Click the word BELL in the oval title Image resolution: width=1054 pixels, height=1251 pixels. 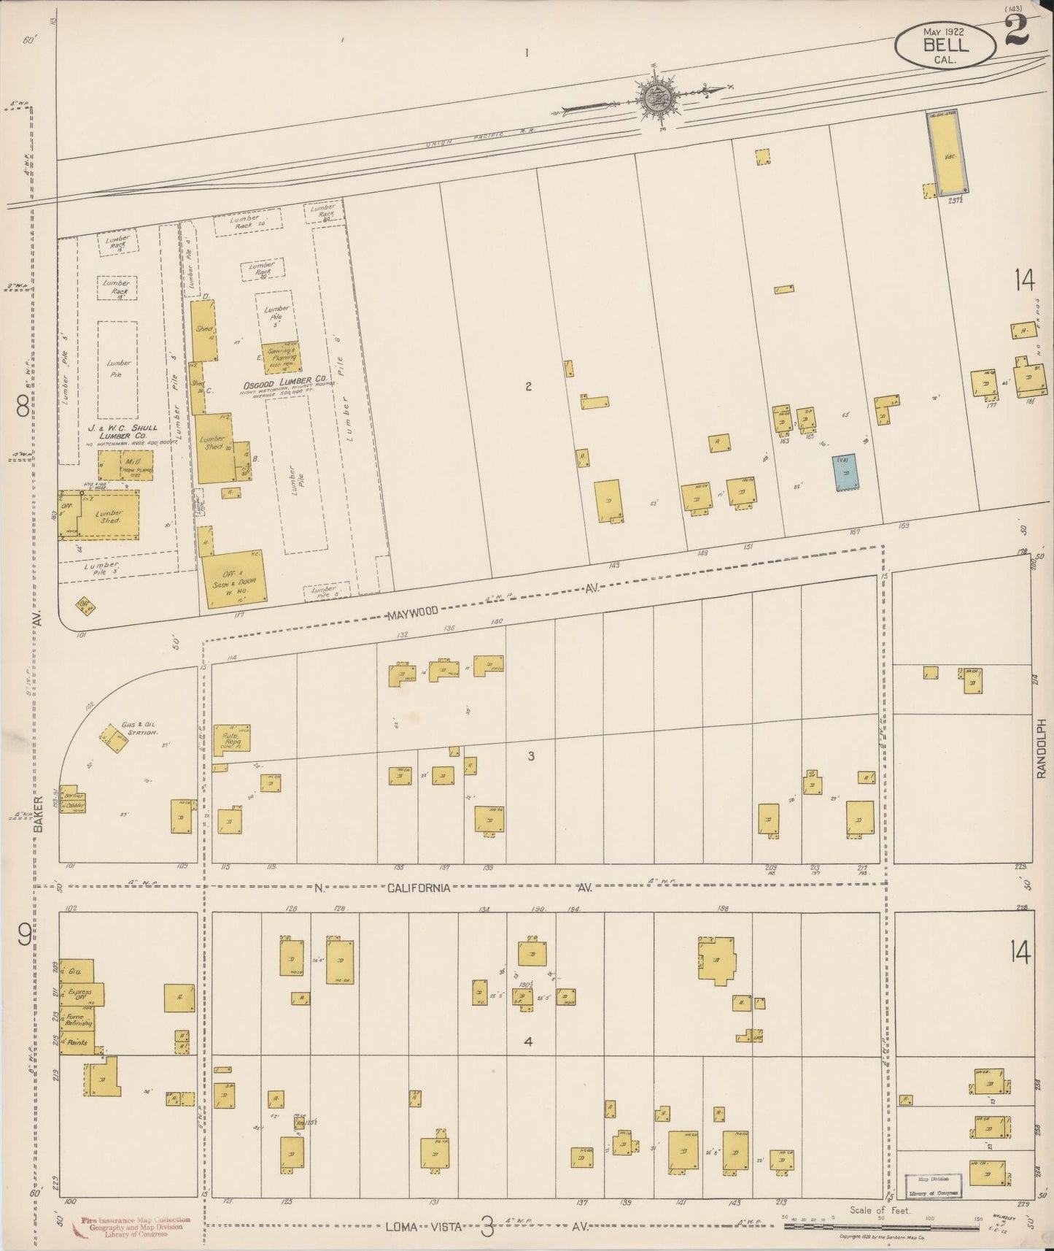[x=946, y=45]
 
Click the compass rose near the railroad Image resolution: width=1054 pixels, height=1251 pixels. [x=659, y=99]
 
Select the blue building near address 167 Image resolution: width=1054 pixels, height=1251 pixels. [x=845, y=472]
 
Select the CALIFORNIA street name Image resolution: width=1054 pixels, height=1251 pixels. [x=418, y=888]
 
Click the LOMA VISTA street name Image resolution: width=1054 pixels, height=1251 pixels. [x=422, y=1227]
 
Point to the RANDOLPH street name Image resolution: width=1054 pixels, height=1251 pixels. [x=1042, y=748]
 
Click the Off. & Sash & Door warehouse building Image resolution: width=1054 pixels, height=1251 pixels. [x=233, y=578]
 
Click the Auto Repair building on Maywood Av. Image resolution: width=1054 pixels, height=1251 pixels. [x=232, y=738]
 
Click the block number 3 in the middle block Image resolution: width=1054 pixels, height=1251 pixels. [x=530, y=756]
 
